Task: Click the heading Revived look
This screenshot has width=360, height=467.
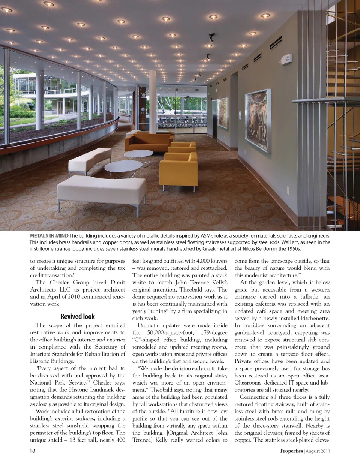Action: [x=78, y=316]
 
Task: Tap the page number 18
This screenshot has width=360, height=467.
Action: [x=32, y=451]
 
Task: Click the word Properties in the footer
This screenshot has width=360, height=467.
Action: [x=291, y=451]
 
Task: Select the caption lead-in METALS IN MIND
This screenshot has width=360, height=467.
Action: [x=49, y=236]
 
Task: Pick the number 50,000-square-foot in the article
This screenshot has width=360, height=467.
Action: [x=170, y=332]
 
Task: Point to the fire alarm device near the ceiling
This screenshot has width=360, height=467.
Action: [x=286, y=59]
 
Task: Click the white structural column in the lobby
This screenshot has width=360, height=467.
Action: [x=152, y=101]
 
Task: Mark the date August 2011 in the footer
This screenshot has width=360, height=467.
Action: [x=318, y=451]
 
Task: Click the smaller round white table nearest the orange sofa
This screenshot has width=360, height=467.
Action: [x=138, y=154]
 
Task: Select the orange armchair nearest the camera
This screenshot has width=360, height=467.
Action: [x=178, y=172]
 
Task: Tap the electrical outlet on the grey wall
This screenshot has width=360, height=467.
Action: [x=288, y=190]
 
